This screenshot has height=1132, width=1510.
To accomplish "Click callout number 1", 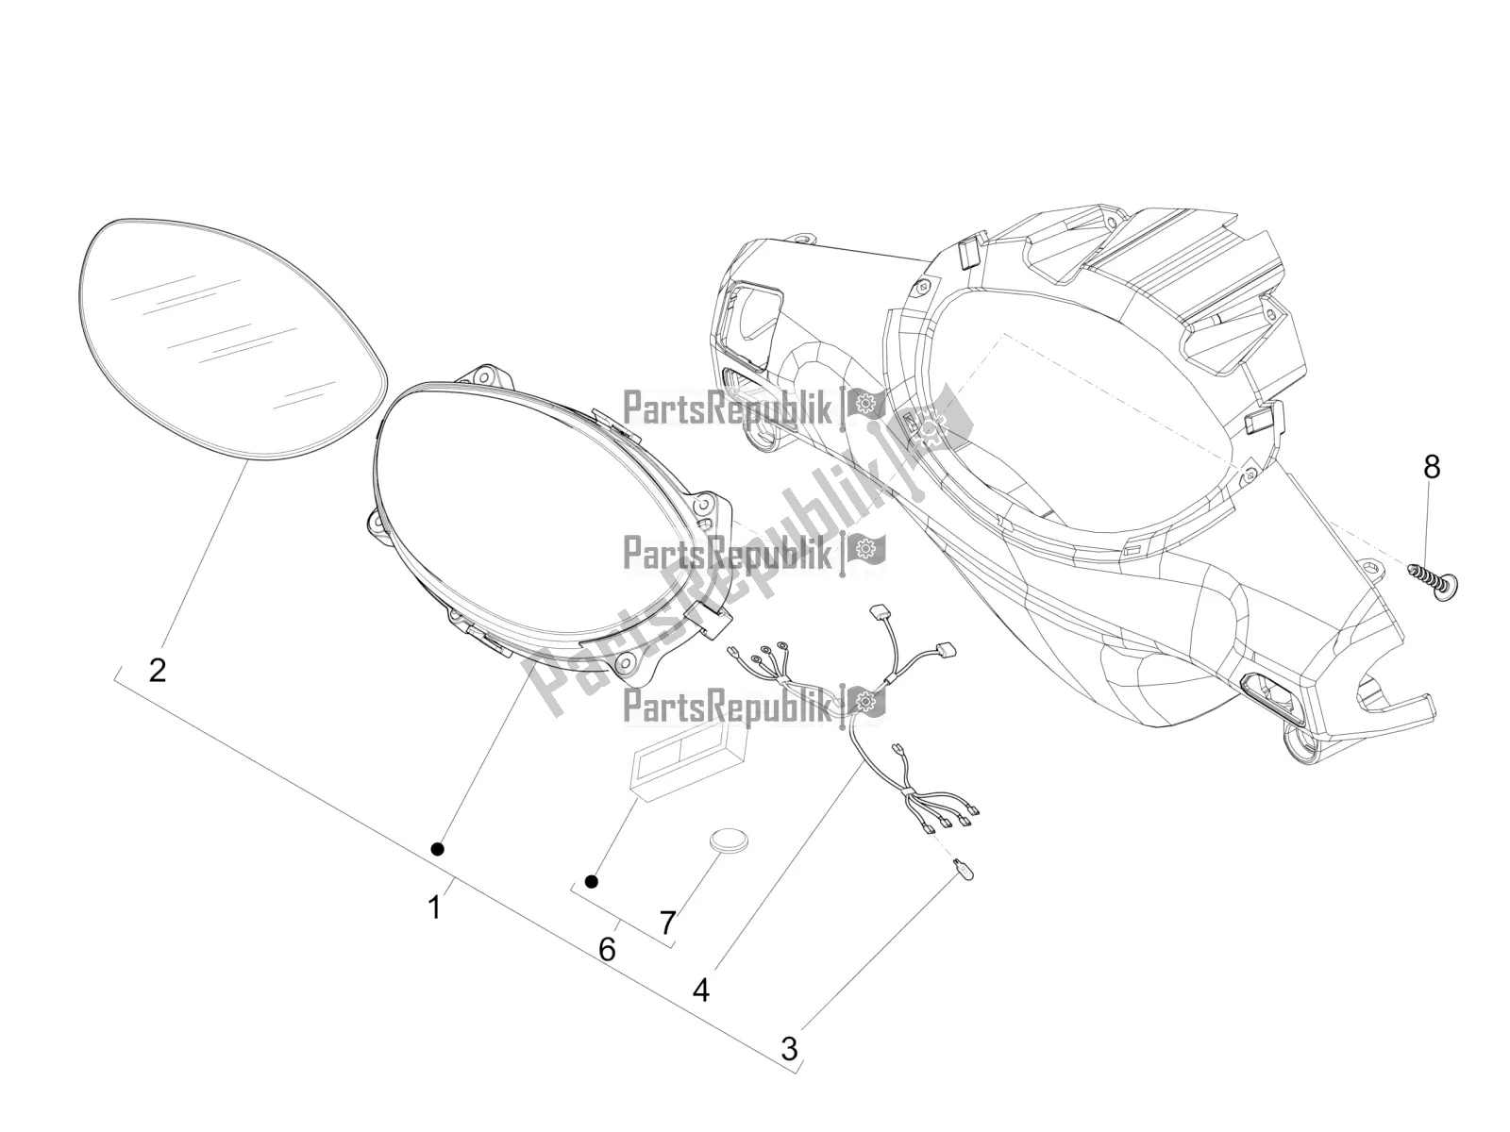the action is [434, 907].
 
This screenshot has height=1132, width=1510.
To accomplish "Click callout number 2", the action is [158, 670].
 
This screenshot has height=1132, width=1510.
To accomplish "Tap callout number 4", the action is [701, 990].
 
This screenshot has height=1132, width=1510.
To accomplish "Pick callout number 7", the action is [667, 924].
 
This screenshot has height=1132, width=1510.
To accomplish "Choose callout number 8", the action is [1432, 467].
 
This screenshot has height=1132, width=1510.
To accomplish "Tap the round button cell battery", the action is [730, 841].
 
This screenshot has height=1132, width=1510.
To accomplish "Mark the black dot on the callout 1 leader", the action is [438, 850].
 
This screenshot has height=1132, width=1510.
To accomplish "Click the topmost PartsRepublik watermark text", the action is [727, 408].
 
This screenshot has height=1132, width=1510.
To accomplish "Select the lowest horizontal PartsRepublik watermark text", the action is [727, 706].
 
